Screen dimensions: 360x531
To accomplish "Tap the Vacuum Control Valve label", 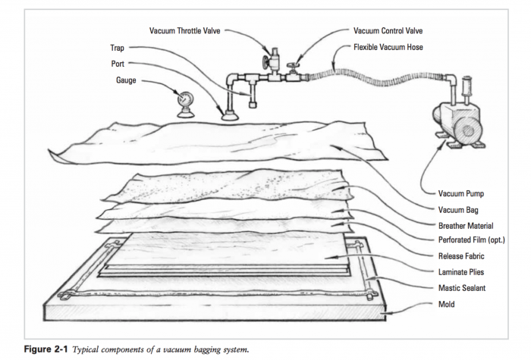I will click(x=389, y=31).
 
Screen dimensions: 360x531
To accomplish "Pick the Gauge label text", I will click(x=125, y=80).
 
